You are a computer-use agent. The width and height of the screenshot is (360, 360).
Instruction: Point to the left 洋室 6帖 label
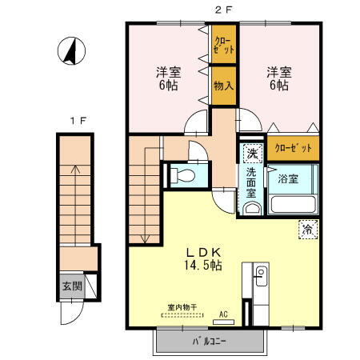coord(168,78)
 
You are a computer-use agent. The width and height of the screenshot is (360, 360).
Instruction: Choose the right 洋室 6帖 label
coord(279,78)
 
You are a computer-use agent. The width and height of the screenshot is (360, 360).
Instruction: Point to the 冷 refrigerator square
coord(307,230)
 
